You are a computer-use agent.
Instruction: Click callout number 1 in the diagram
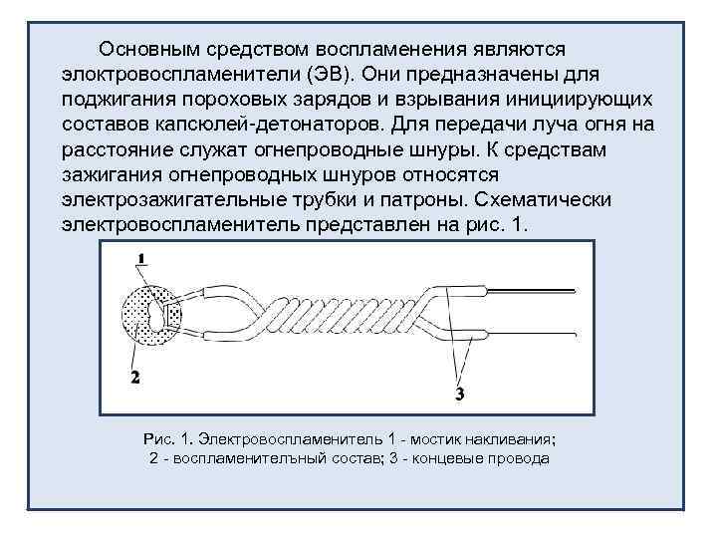141,258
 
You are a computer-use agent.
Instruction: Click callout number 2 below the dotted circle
134,376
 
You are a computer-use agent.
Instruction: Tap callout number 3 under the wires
459,394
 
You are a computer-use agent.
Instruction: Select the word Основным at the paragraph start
148,48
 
